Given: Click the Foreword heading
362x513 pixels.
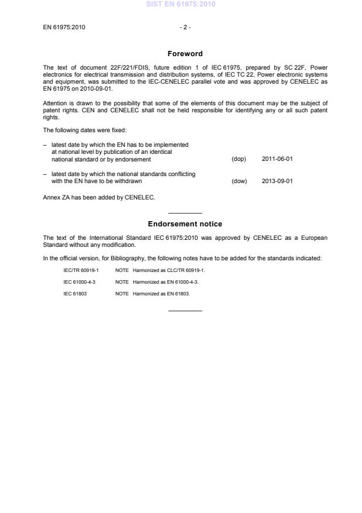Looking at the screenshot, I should pos(185,54).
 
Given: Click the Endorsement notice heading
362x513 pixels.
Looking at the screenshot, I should pos(185,224).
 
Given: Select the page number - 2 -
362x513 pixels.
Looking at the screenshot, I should pos(185,27).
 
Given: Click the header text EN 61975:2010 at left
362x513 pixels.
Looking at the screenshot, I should pos(64,27).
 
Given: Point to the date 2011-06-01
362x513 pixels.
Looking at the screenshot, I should pos(277,159).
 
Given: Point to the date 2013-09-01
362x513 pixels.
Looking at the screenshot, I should pos(277,181).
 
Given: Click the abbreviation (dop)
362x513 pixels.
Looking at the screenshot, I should pos(239,159).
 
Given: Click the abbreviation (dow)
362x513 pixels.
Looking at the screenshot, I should pos(239,181).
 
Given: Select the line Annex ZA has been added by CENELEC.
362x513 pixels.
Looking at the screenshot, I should pos(99,197).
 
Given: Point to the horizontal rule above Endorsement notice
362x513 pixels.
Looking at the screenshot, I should pos(185,213).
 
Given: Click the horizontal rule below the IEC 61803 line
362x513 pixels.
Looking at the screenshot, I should pos(185,310).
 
